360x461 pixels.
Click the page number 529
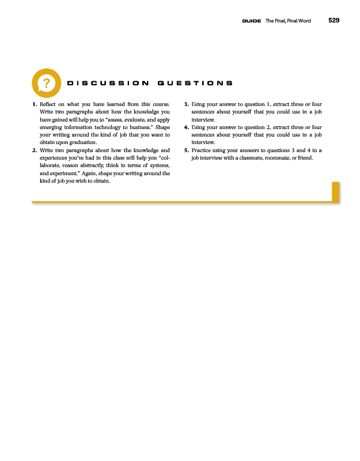pos(334,21)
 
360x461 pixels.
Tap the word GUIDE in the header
pos(252,21)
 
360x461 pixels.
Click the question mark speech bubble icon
pos(45,83)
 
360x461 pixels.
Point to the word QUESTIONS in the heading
pos(194,84)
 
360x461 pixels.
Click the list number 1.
pos(34,104)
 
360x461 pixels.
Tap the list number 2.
pos(34,149)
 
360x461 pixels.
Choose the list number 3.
pos(185,104)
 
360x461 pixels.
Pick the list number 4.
pos(185,127)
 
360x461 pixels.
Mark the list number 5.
pos(185,149)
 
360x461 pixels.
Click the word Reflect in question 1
pos(48,104)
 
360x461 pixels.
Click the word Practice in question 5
pos(202,149)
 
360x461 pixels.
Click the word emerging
pos(52,127)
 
